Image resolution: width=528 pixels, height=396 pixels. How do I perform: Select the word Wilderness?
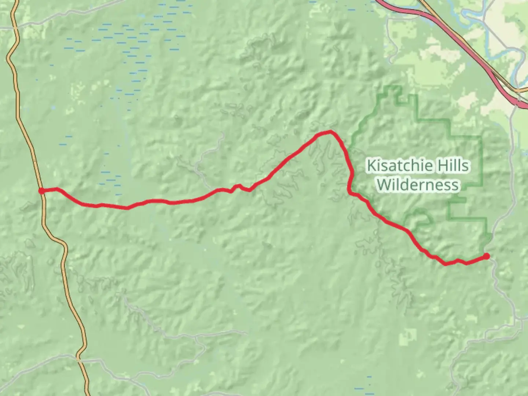[418, 184]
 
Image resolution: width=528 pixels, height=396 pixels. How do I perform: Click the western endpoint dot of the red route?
[42, 191]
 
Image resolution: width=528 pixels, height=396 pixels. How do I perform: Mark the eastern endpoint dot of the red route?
[486, 256]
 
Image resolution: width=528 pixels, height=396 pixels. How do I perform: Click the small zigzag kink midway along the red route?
[236, 187]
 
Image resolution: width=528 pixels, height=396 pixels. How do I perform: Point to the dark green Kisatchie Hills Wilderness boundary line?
[480, 161]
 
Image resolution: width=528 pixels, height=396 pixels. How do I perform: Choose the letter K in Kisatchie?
[371, 166]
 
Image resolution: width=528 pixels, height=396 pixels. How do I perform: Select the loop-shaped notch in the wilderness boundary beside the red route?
[422, 216]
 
